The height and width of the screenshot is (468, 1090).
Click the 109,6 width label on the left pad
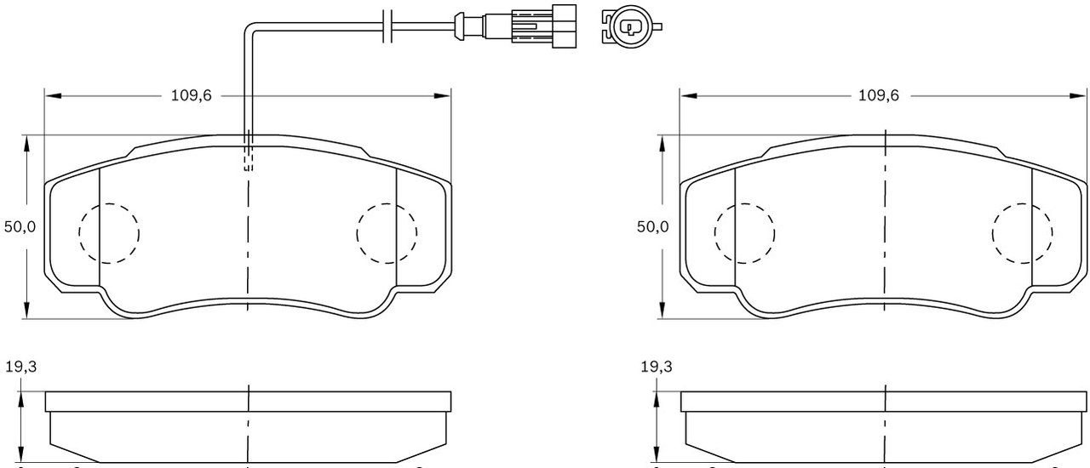(192, 95)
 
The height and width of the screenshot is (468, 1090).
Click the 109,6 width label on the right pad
(878, 95)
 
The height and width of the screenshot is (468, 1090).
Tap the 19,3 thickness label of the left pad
(20, 367)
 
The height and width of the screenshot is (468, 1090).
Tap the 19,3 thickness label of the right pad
(656, 367)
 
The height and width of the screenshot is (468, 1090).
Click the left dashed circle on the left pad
(109, 232)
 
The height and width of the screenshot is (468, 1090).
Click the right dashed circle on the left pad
(387, 232)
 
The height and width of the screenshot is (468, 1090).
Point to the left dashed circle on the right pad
(744, 232)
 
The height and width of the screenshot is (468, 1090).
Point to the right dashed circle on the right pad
(1023, 232)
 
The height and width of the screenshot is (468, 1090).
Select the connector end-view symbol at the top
(630, 26)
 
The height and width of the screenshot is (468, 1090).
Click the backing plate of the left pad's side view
(248, 401)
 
